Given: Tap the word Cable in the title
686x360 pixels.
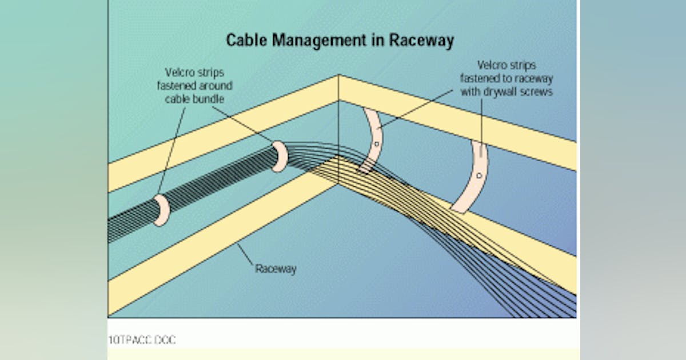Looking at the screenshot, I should (245, 41).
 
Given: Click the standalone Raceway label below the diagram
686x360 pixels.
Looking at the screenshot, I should (276, 269).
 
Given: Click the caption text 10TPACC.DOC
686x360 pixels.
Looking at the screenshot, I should (142, 340).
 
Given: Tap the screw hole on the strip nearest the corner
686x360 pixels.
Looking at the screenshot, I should (376, 144).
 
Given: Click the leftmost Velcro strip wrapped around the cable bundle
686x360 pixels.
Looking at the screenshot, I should (159, 211).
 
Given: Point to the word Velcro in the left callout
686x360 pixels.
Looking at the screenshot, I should (178, 73).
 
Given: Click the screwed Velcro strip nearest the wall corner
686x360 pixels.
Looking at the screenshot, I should (372, 140).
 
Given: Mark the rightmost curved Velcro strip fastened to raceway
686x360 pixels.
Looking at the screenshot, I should (473, 177).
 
